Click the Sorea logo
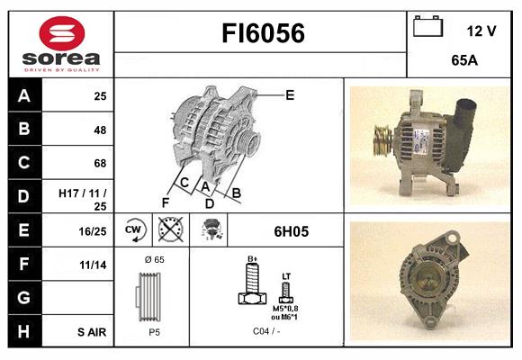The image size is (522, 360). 61,44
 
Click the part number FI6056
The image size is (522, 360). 263,34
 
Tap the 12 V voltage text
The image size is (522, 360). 481,31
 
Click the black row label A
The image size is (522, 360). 24,95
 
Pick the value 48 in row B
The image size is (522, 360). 99,129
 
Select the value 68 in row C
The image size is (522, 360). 99,163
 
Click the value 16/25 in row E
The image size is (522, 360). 93,230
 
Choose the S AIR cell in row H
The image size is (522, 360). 91,331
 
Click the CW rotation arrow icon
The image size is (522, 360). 135,230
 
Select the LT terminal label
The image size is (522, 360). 286,276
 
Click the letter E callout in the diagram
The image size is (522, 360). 290,94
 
